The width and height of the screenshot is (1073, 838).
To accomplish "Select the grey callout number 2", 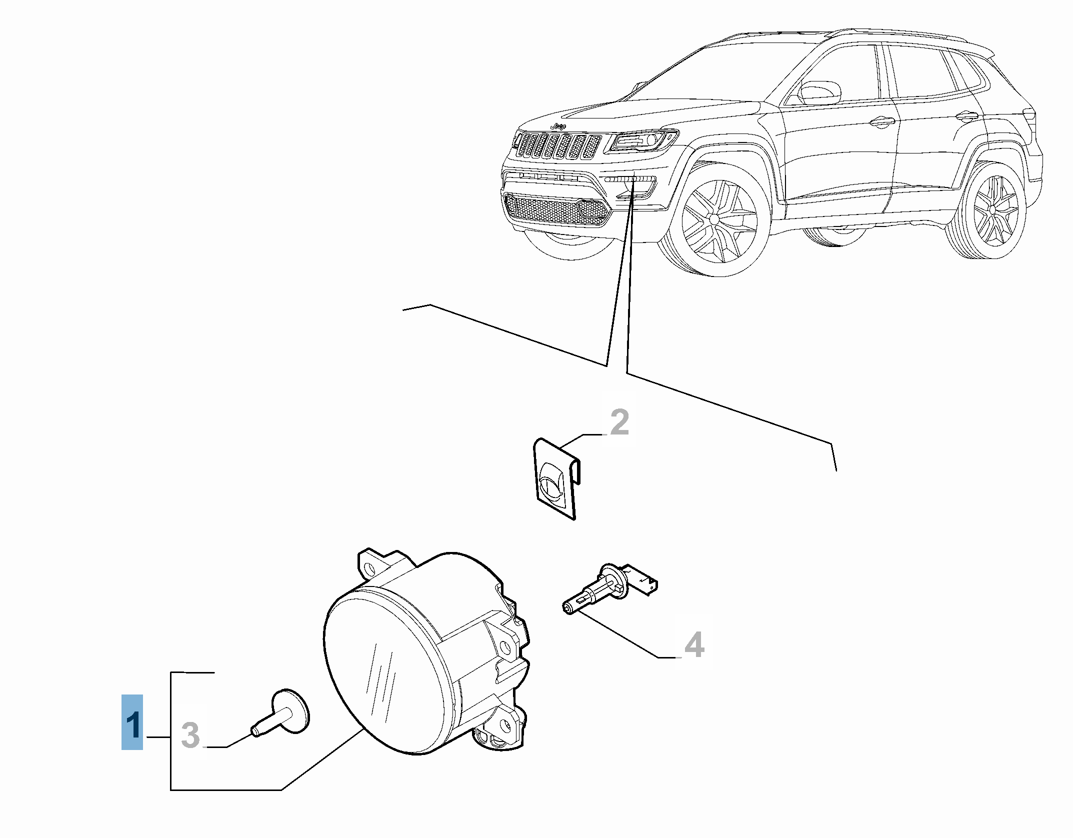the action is (619, 422).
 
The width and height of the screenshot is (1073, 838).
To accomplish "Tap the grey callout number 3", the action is (190, 735).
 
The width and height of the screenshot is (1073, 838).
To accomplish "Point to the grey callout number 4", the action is (694, 644).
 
